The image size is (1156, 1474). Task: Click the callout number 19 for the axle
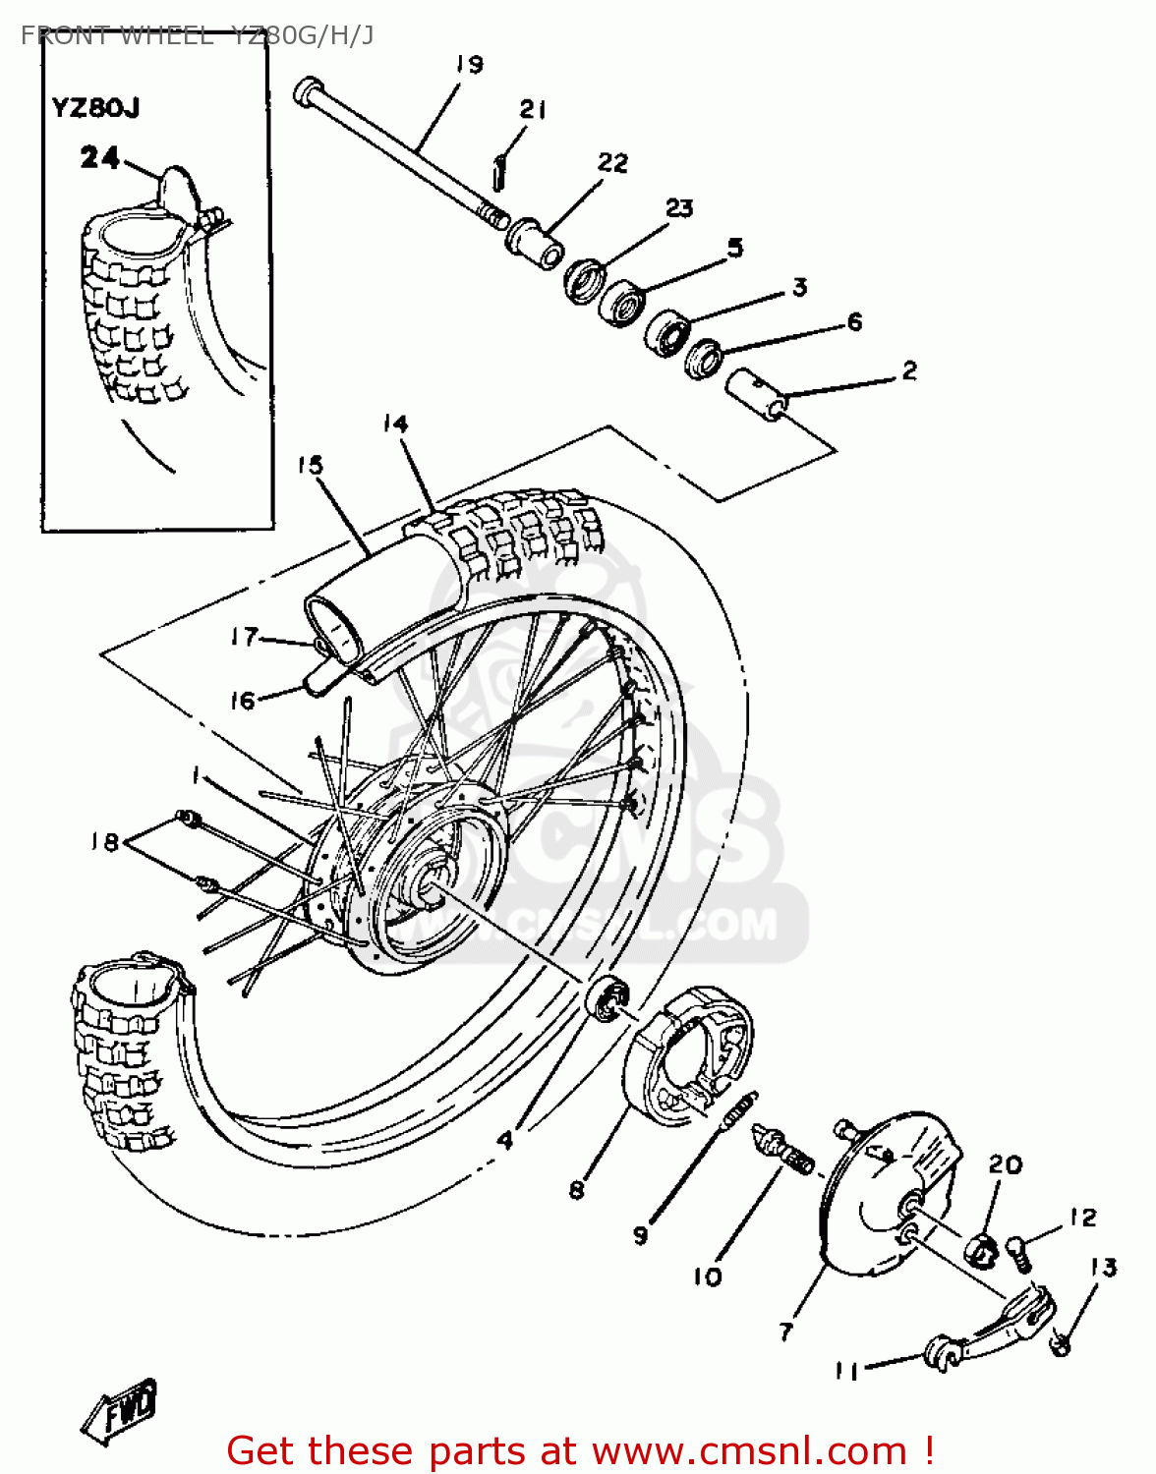click(469, 65)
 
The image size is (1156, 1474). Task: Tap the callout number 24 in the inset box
click(99, 157)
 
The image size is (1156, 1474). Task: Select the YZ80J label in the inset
click(95, 107)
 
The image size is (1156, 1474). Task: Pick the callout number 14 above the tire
click(395, 424)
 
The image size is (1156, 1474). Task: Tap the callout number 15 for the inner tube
click(311, 465)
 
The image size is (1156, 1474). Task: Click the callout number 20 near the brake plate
click(1005, 1164)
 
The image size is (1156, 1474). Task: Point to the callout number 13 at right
click(1104, 1268)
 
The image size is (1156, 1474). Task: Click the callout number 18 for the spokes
click(104, 842)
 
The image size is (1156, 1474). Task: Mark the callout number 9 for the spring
click(641, 1235)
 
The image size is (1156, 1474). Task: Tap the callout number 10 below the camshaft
click(708, 1276)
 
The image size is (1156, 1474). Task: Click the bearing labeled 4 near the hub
click(609, 997)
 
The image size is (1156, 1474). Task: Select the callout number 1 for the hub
click(197, 776)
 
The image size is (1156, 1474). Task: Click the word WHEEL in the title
click(165, 36)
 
